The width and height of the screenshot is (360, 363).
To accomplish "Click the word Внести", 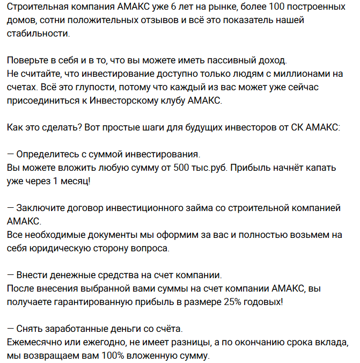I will coord(32,275).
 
